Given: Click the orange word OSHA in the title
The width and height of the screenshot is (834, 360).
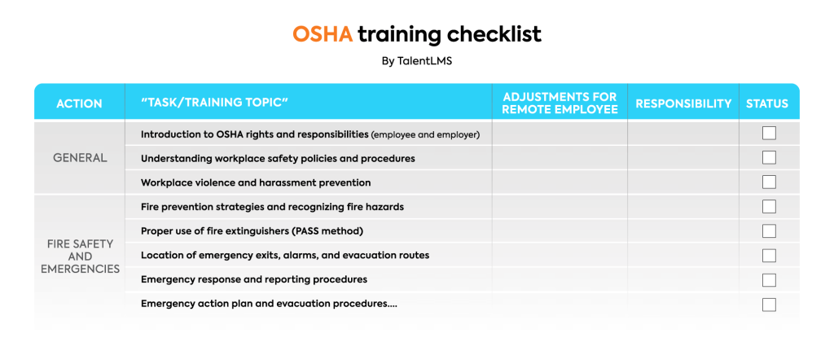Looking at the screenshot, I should coord(323,34).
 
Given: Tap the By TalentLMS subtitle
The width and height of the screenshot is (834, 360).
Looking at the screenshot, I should coord(416,61).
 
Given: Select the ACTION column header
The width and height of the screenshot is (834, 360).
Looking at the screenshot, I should coord(79,103).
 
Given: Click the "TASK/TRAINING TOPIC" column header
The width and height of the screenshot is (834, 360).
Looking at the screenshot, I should coord(215,103).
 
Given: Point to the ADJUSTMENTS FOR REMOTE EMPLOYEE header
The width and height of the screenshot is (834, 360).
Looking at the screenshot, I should coord(560,103).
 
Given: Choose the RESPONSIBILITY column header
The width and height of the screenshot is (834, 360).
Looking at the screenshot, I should coord(683,103).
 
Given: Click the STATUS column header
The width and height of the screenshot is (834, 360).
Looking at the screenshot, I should coord(767,103).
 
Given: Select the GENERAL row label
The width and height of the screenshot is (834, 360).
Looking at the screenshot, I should coord(80,157).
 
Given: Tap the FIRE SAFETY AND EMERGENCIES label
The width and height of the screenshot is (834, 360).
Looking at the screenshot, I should coord(80,256).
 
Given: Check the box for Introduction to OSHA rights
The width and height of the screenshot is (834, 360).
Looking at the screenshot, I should coord(769,134).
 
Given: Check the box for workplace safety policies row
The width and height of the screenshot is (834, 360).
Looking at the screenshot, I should coord(769,157).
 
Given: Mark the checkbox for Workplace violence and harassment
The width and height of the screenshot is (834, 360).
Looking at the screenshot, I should coord(769,182).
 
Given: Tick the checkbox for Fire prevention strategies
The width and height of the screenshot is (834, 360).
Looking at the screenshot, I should coord(769,207).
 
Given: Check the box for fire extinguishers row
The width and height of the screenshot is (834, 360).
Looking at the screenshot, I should coord(769,230).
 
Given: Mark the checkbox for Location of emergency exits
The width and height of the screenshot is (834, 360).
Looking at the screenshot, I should coord(769,255).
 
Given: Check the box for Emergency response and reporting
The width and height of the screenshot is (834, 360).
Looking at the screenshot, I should coord(769,279).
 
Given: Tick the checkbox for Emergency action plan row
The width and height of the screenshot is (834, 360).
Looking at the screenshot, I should coord(769,305).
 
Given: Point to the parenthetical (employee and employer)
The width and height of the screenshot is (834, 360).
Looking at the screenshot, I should coord(425,134).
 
